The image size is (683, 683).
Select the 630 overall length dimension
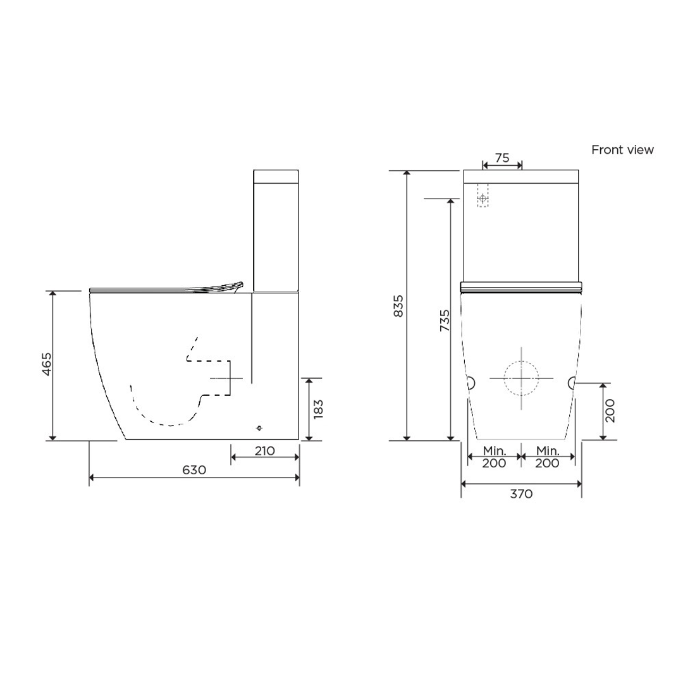[194, 470]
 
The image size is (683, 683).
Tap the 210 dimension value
[264, 451]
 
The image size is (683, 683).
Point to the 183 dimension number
[318, 409]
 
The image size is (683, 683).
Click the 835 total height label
[398, 306]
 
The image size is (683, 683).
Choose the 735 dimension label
[445, 321]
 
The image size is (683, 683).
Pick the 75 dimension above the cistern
[502, 158]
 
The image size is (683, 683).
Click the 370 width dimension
[521, 494]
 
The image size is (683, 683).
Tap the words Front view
[622, 150]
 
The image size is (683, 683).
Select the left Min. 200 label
[494, 457]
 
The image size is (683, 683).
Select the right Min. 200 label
[547, 457]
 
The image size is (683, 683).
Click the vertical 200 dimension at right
[610, 411]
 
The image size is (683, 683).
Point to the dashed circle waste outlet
[521, 378]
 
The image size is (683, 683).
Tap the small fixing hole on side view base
[259, 429]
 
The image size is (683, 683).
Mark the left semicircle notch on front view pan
[471, 382]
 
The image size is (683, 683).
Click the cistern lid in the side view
[275, 176]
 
